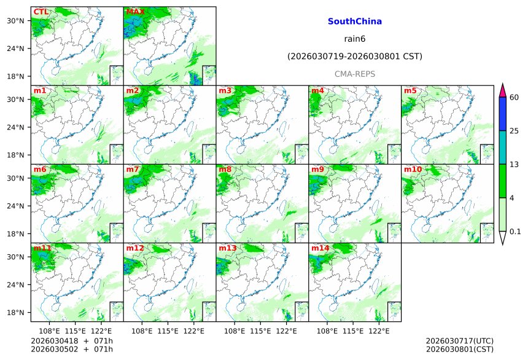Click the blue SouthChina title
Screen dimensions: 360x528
click(x=355, y=22)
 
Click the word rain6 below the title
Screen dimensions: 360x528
click(x=355, y=39)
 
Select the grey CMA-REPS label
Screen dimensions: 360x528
click(x=355, y=74)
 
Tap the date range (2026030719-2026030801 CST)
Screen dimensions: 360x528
click(x=355, y=57)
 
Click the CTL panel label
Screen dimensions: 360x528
click(x=41, y=12)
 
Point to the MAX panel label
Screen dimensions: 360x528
click(x=135, y=12)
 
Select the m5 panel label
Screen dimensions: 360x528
click(x=410, y=91)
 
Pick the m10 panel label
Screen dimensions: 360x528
click(x=413, y=170)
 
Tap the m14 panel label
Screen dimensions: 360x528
click(x=320, y=248)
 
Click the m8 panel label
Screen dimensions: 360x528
click(x=225, y=170)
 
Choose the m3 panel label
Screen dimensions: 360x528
click(x=225, y=91)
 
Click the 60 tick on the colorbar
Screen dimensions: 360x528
click(x=514, y=97)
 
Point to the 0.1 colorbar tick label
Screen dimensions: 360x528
click(x=515, y=232)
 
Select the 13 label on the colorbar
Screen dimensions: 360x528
click(x=514, y=164)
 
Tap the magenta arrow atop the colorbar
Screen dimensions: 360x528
click(x=502, y=90)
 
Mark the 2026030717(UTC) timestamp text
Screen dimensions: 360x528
click(x=459, y=341)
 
